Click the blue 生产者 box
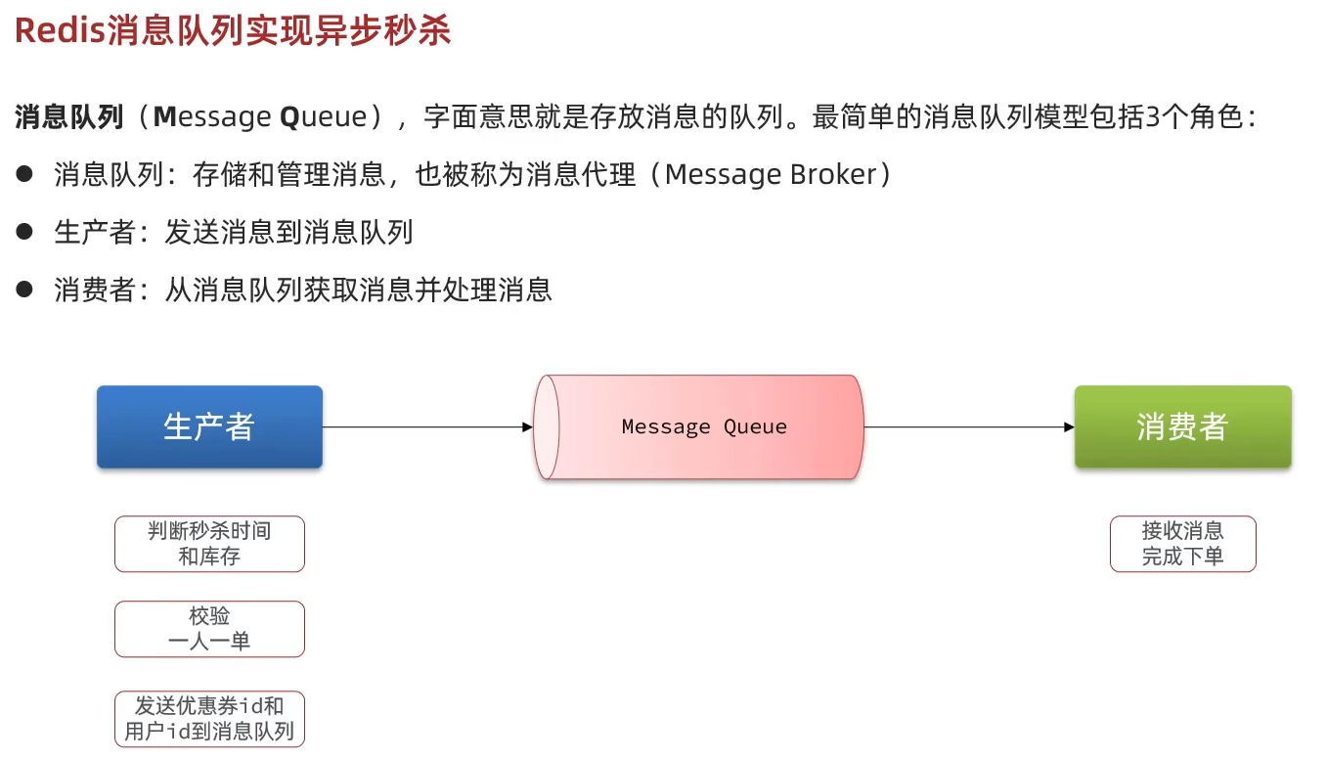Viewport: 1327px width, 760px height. [209, 426]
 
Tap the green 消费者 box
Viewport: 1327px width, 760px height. [1182, 426]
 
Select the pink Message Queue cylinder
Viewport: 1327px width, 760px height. [704, 426]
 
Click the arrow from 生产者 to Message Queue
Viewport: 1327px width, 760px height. [427, 426]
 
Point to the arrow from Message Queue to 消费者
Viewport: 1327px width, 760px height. [968, 426]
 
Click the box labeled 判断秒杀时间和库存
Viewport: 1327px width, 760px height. [209, 544]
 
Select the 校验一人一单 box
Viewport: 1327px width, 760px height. [209, 629]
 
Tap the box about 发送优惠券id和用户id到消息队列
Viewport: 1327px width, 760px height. [209, 718]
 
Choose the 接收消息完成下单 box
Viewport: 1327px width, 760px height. [1182, 544]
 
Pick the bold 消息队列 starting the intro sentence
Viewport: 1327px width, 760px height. [68, 118]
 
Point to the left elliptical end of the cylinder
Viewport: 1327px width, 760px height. [548, 426]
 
